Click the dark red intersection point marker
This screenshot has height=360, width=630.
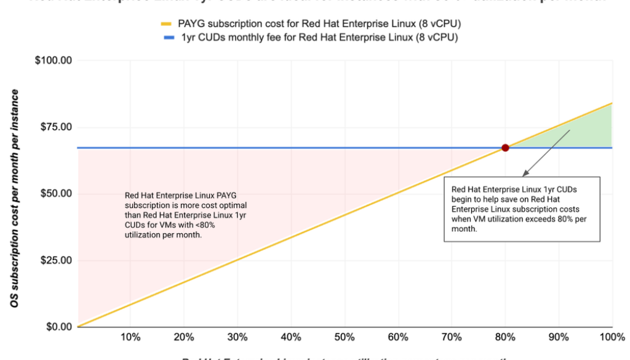[x=505, y=148]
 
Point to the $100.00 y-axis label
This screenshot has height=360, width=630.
[x=53, y=61]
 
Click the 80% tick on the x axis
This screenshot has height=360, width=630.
[x=504, y=337]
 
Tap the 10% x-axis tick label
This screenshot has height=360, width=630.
[x=130, y=337]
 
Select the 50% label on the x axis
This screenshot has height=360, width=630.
[x=344, y=337]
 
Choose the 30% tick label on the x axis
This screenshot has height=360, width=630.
[x=237, y=337]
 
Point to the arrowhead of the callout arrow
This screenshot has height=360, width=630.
[x=524, y=175]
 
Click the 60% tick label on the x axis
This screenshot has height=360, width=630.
[x=397, y=337]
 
